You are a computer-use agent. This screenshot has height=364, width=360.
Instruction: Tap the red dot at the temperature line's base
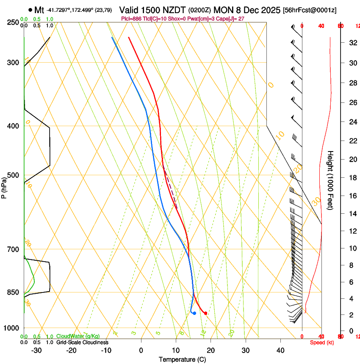coord(205,313)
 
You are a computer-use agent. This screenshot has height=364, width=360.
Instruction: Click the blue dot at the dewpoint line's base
coord(194,313)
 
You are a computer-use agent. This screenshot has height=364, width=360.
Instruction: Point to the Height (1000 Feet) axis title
coord(331,180)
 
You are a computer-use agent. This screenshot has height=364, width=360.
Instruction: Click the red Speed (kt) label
coord(322,342)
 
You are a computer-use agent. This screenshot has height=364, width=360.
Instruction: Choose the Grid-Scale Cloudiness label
coord(82,342)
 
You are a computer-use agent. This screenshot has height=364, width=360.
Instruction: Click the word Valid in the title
coord(129,10)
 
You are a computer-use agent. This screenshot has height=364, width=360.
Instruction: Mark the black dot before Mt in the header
coord(30,10)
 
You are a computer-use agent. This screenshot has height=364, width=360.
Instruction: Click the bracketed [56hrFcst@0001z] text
coord(310,10)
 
